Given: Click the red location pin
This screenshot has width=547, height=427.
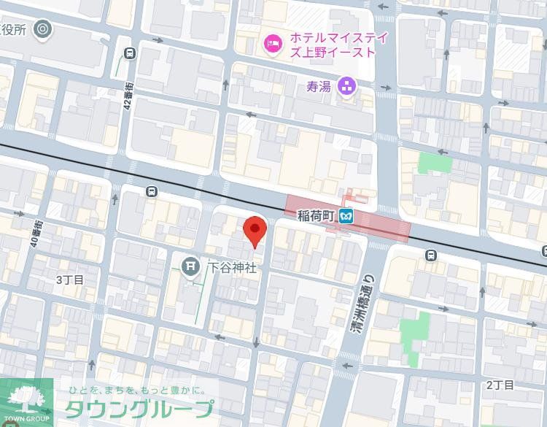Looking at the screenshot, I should click(254, 231).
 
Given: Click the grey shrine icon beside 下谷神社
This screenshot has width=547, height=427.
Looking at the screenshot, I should click(191, 266).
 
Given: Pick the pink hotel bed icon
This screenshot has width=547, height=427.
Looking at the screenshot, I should click(273, 45).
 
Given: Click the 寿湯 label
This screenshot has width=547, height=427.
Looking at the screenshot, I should click(319, 87).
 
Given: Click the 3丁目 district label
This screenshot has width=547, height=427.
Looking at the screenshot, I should click(70, 280).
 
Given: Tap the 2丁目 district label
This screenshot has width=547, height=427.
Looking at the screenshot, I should click(500, 385).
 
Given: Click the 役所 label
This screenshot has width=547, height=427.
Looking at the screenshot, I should click(13, 30).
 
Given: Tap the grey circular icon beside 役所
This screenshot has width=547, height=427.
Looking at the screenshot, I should click(43, 30).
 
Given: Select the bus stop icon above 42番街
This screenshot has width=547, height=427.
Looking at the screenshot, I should click(130, 53).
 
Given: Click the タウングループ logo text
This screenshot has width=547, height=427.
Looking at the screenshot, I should click(139, 408).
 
